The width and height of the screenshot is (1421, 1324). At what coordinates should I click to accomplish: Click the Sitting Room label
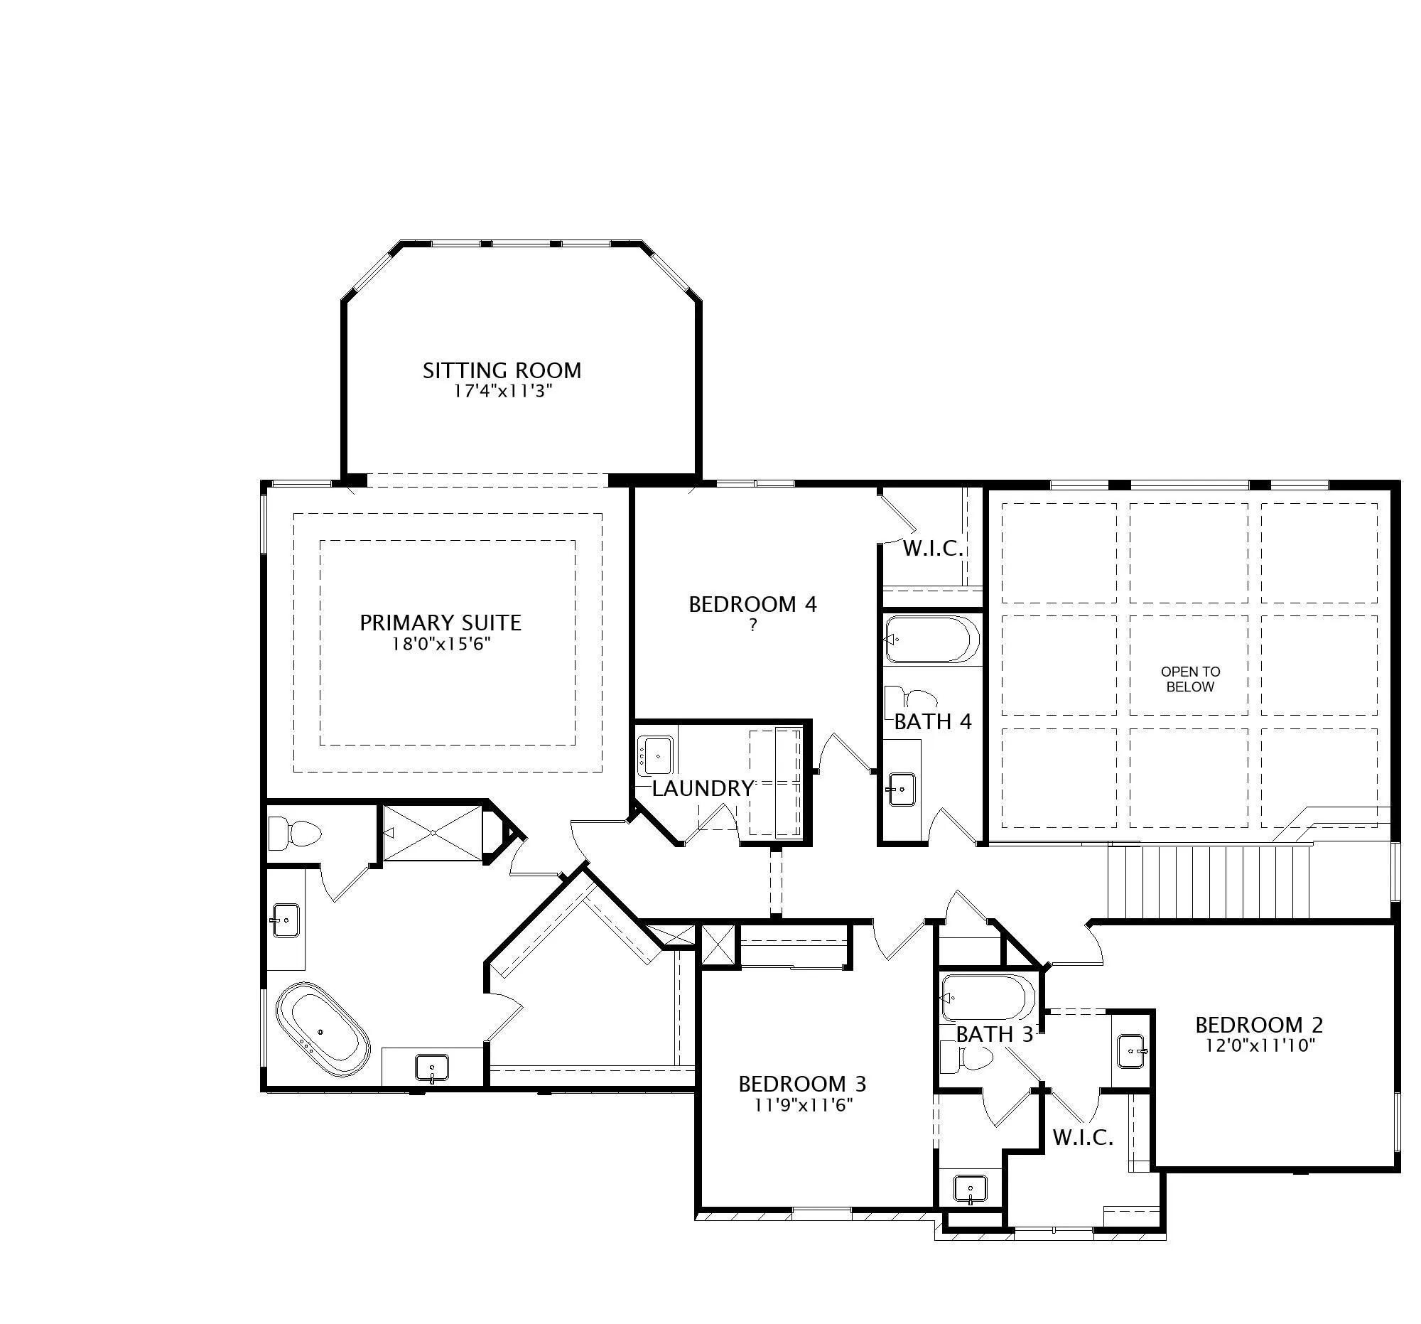point(502,370)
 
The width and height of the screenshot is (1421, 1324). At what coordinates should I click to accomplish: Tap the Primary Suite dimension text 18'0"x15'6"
point(441,644)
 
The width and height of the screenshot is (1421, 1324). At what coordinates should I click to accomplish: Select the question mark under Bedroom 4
point(752,625)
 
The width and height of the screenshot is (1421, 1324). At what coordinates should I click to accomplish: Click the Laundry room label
point(703,789)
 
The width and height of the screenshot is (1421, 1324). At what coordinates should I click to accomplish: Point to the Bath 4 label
point(933,721)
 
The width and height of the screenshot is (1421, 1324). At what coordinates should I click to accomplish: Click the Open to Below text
point(1190,679)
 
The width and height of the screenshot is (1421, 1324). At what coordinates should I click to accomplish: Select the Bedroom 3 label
point(803,1084)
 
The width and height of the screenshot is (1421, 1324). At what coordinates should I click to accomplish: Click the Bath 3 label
point(994,1034)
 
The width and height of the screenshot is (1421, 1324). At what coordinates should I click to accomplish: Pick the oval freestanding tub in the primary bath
point(323,1030)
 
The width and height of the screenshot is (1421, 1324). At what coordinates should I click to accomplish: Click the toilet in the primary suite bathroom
point(294,833)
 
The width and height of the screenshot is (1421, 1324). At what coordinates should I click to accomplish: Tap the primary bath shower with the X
point(433,833)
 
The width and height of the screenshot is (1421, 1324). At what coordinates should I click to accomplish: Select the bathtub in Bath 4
point(932,639)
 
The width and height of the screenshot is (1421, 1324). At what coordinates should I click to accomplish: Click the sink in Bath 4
point(902,789)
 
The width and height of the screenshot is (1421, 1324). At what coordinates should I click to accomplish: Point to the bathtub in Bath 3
point(987,998)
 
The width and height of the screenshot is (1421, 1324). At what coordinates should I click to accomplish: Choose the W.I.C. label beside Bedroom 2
point(1083,1137)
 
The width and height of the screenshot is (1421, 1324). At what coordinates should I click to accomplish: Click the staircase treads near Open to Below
point(1209,881)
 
